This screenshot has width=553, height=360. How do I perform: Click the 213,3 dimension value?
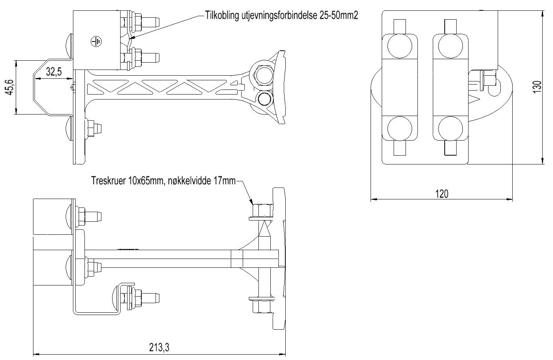tap(159, 348)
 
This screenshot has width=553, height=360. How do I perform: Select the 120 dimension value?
tap(442, 194)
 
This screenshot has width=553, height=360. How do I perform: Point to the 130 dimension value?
tap(537, 87)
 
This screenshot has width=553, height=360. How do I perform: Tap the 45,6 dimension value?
tap(10, 87)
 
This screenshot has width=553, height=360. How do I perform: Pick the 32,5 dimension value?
tap(54, 72)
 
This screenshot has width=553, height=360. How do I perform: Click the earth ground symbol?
tap(96, 41)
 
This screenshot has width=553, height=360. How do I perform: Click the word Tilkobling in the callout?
tap(222, 15)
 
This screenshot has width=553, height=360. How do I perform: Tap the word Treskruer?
tap(109, 181)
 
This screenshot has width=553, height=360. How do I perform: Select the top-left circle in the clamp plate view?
tap(400, 46)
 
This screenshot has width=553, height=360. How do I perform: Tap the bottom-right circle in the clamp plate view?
tap(451, 129)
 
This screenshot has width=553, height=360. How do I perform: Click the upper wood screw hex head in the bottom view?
tap(263, 210)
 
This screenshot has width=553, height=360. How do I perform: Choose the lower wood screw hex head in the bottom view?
tap(262, 307)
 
